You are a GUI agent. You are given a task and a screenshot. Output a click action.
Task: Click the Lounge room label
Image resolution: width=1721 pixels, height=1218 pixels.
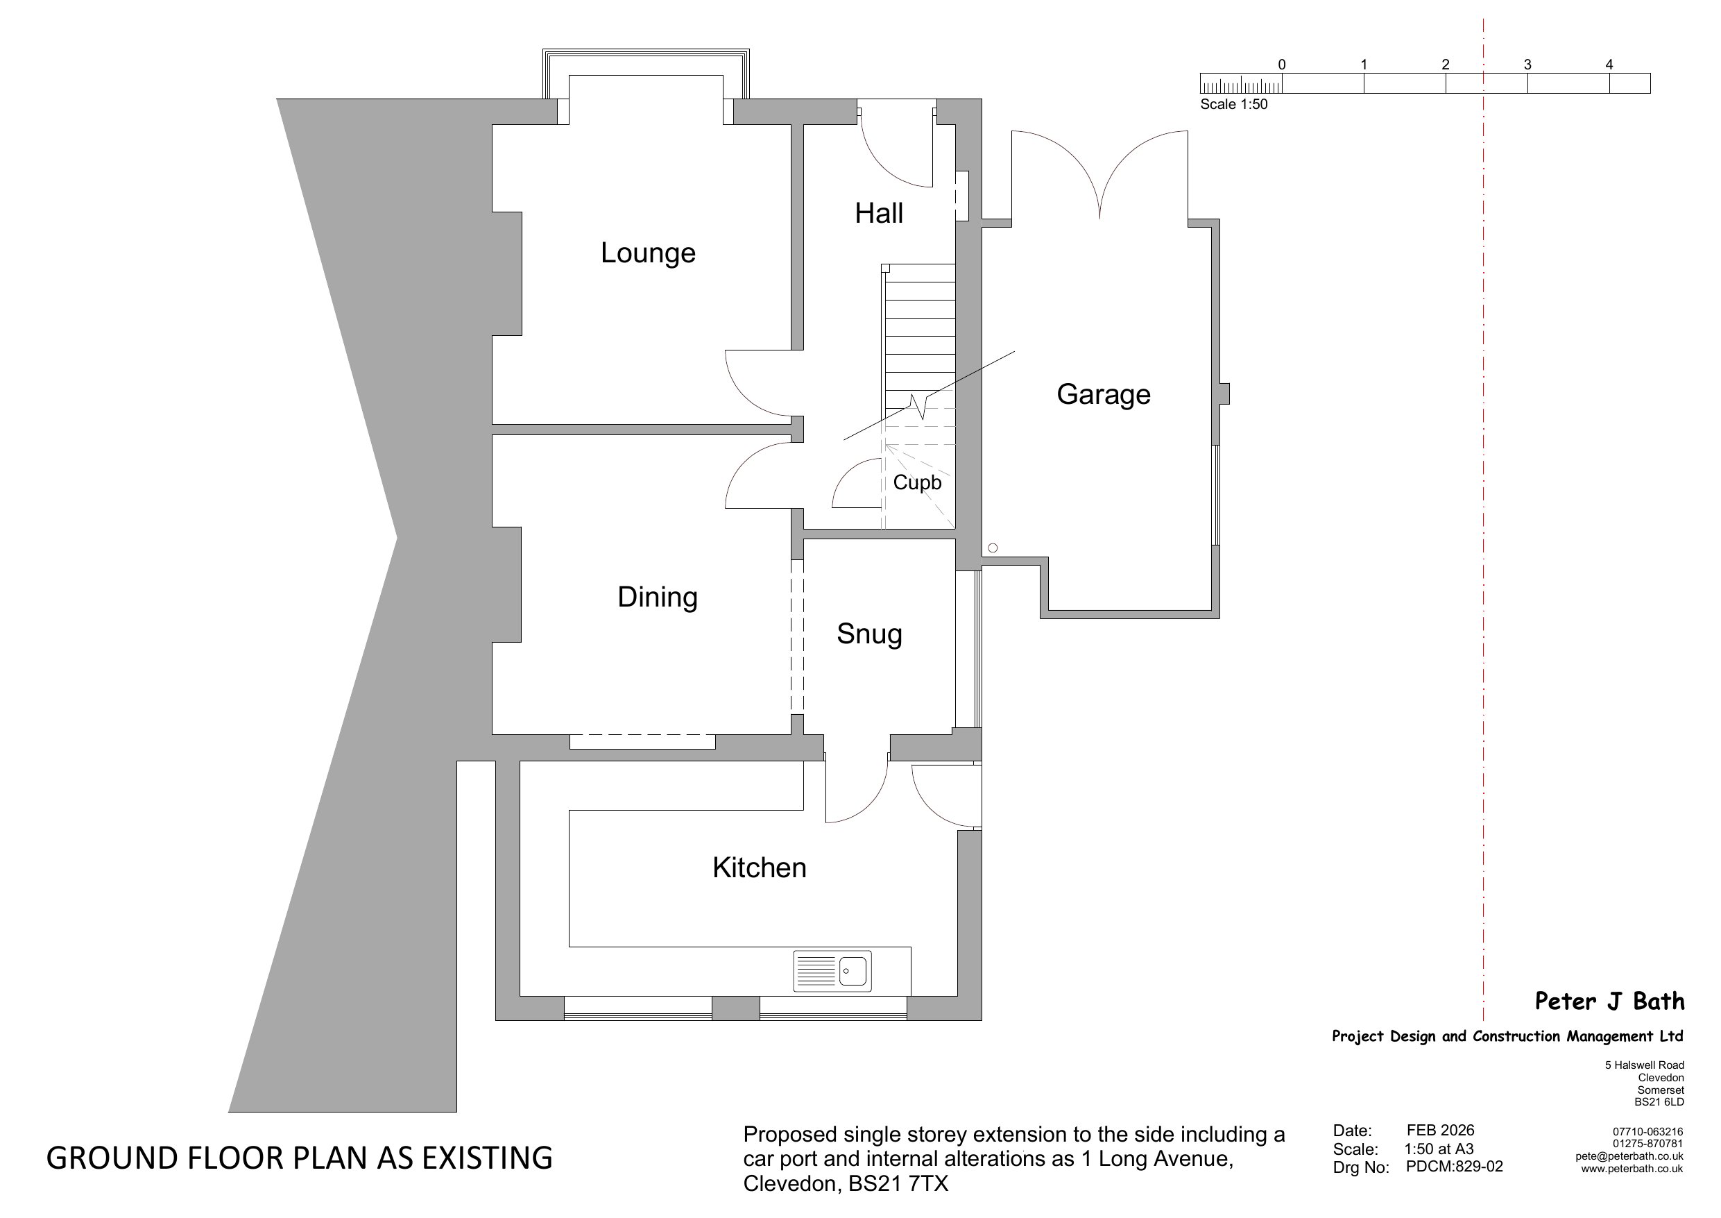coord(648,253)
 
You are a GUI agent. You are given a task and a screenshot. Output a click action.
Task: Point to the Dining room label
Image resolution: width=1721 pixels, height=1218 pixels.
coord(658,598)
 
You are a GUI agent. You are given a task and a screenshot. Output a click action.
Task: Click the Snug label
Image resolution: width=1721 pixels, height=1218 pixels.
coord(869,634)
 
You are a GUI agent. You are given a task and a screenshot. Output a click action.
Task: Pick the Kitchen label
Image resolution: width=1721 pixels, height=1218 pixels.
coord(760,868)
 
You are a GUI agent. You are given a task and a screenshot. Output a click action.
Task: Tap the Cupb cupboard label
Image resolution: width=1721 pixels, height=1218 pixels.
coord(917,482)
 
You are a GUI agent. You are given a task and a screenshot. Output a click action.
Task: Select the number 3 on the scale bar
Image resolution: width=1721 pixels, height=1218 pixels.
coord(1527,65)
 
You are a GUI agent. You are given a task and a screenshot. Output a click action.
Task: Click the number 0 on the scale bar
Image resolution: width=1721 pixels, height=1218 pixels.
coord(1282,65)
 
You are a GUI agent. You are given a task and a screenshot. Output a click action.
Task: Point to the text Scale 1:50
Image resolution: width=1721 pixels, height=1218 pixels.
coord(1234,104)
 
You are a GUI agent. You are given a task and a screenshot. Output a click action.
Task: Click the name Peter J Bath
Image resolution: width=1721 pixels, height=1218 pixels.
coord(1609,1001)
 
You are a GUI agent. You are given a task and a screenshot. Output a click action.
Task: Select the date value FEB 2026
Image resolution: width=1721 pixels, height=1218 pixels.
coord(1440,1131)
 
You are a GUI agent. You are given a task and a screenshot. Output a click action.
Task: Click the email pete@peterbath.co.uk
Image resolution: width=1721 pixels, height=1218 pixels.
coord(1629,1156)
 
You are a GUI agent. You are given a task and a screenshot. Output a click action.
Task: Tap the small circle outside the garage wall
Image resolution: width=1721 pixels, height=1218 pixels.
coord(993,548)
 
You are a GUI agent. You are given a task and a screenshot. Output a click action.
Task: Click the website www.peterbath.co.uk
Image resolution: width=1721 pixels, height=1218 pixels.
coord(1632,1169)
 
